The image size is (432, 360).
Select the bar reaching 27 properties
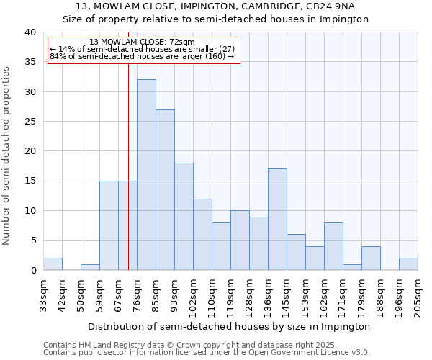[x=165, y=190]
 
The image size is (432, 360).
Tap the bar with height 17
[x=277, y=220]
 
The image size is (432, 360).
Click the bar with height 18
[x=184, y=217]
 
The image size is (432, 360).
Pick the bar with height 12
[x=202, y=235]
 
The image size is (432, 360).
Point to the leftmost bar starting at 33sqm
[x=53, y=264]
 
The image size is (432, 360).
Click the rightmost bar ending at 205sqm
[x=408, y=264]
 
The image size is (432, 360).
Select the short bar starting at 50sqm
[x=90, y=267]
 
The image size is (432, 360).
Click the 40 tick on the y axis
[x=30, y=32]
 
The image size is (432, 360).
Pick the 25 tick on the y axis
[x=30, y=122]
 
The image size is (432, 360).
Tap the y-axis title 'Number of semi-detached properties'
[x=7, y=155]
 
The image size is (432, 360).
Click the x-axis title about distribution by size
[x=230, y=326]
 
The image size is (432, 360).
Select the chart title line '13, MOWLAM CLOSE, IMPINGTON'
[x=216, y=6]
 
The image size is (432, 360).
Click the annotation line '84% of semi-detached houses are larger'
[x=142, y=56]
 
